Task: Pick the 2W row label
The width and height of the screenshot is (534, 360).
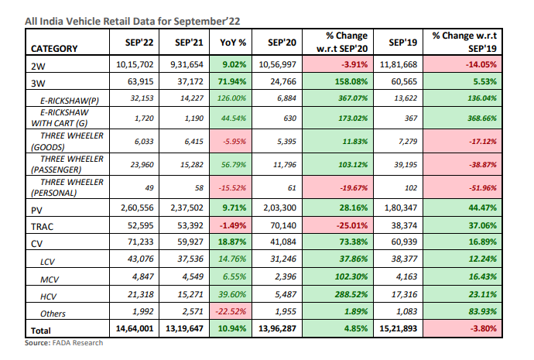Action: click(38, 65)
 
